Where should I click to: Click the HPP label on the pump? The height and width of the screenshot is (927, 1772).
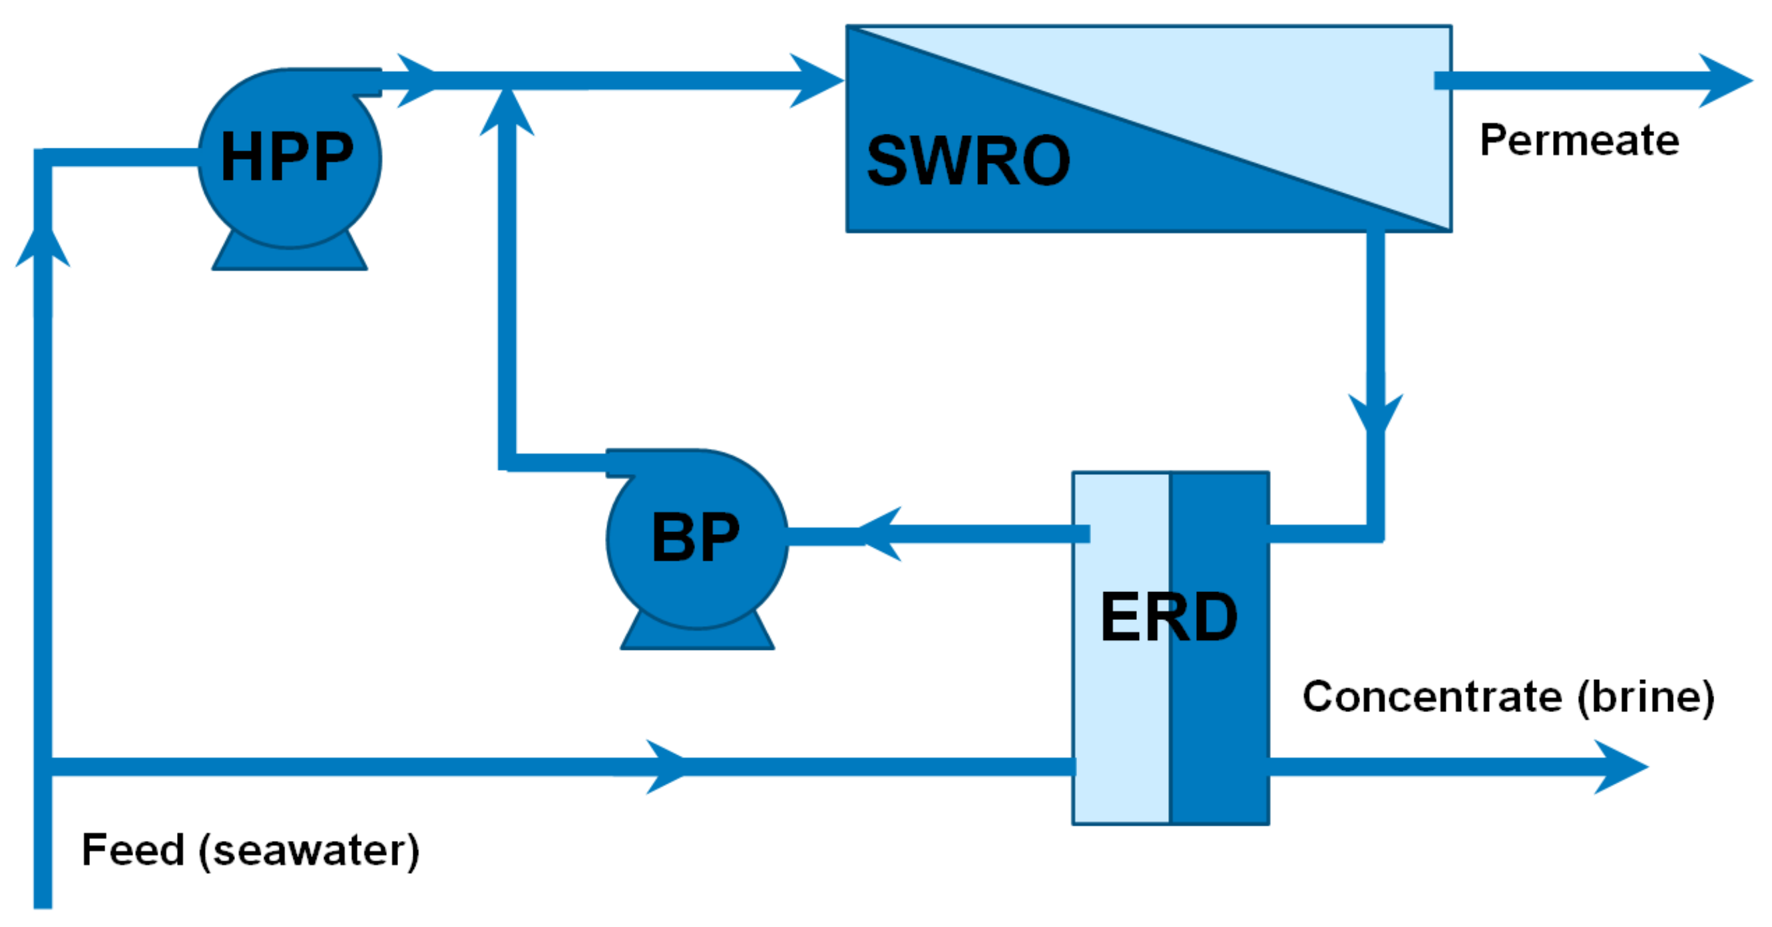point(287,157)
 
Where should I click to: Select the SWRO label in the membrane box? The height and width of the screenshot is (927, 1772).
point(968,161)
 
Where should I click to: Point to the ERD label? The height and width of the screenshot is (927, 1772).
point(1169,617)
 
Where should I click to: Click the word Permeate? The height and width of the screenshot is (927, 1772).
point(1580,141)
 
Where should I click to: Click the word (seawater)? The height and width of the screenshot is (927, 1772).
point(309,850)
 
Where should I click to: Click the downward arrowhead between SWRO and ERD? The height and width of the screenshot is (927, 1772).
point(1375,413)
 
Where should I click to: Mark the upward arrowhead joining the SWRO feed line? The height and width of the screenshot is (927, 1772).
point(507,114)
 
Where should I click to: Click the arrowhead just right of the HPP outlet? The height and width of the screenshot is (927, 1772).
point(416,81)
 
